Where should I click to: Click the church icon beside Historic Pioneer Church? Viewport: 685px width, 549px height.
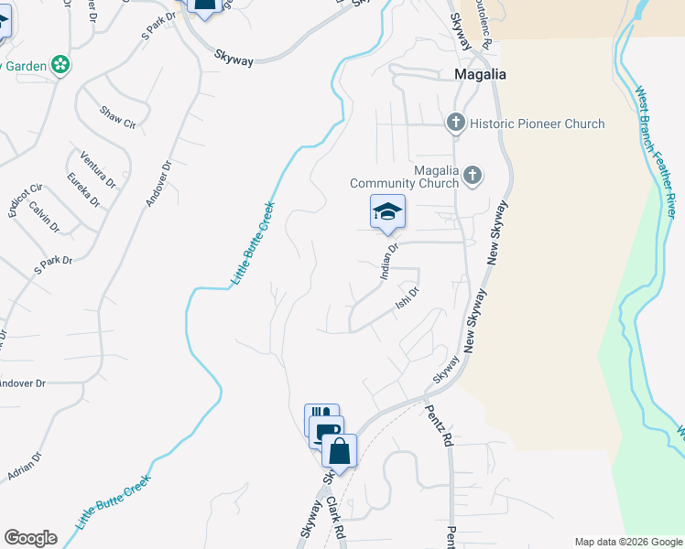click(x=455, y=123)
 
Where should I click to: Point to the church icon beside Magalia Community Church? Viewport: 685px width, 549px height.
click(x=473, y=175)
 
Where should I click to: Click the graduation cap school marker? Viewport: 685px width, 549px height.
click(x=387, y=212)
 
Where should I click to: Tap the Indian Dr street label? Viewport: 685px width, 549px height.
click(x=389, y=261)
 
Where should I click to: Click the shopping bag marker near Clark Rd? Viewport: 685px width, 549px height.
click(x=339, y=452)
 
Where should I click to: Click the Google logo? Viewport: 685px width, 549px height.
click(x=30, y=538)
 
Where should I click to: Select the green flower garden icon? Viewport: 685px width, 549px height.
click(x=60, y=65)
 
